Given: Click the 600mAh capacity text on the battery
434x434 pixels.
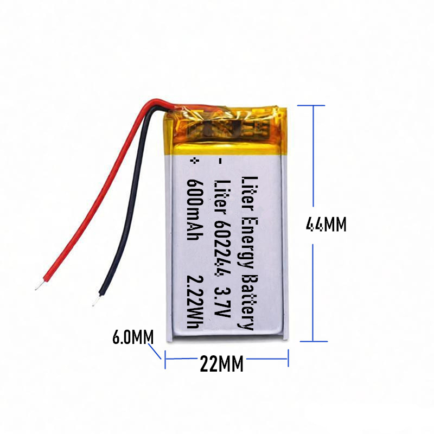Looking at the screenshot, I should pos(196,202).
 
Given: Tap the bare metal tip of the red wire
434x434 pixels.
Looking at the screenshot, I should pos(38,285).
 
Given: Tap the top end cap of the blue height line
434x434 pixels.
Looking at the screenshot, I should pos(313,105).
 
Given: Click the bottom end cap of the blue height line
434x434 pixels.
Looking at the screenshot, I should pos(313,341).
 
